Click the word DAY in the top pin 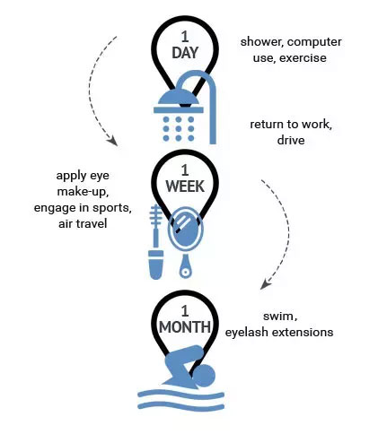point(185,53)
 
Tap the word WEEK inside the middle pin point(185,187)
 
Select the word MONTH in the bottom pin point(185,327)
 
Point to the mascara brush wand point(155,226)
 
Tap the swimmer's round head point(204,376)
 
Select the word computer point(314,42)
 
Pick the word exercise point(303,58)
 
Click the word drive point(291,140)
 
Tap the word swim point(280,317)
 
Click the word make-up point(83,192)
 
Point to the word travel point(90,223)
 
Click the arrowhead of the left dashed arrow point(113,141)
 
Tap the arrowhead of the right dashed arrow point(265,284)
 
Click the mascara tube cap point(156,265)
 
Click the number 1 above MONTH point(185,311)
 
